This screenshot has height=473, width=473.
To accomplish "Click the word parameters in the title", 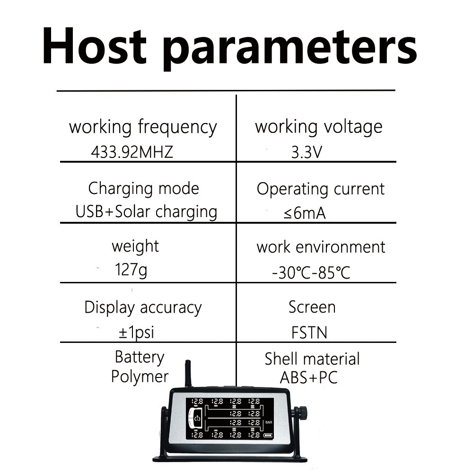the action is [290, 49].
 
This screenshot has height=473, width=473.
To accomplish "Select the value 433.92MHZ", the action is [132, 152].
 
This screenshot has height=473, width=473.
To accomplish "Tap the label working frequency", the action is [143, 127].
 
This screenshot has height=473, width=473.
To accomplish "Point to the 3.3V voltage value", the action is [307, 152].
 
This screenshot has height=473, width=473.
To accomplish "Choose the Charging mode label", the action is [144, 189].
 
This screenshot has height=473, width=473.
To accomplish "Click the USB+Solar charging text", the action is [146, 212].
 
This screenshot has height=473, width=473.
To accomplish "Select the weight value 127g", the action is [131, 270].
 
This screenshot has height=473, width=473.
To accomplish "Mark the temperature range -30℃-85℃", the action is [311, 273].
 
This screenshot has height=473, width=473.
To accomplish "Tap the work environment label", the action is [321, 247].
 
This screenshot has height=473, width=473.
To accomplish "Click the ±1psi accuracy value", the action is [136, 333].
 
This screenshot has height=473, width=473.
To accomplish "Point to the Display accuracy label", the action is [143, 308].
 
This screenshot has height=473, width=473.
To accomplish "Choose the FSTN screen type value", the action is [309, 333].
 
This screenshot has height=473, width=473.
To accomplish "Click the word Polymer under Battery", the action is [140, 377].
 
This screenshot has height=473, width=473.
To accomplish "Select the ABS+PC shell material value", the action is [308, 377].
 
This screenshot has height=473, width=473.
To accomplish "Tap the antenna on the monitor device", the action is [188, 373].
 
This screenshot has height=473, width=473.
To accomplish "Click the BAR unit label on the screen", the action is [269, 422].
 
